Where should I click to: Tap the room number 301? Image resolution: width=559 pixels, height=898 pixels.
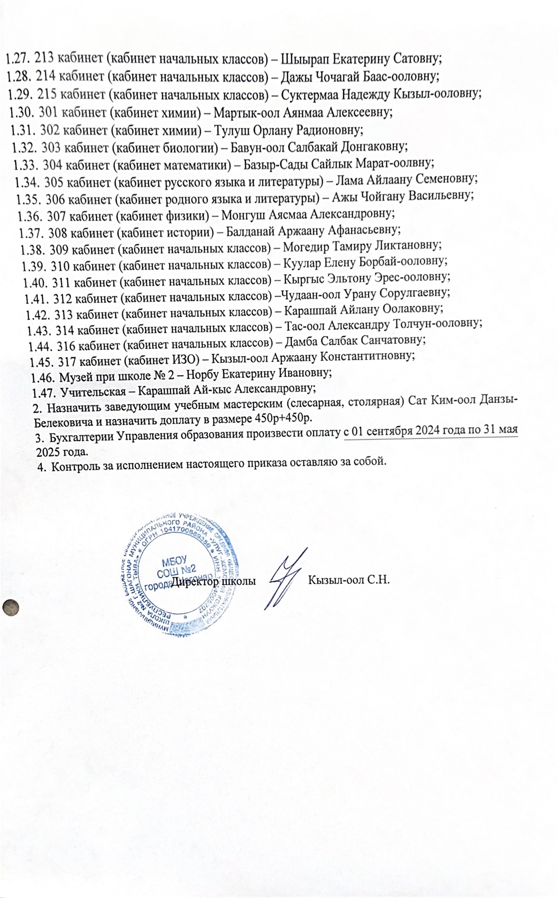click(49, 113)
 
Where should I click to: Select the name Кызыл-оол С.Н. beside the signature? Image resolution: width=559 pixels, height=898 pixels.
click(349, 581)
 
